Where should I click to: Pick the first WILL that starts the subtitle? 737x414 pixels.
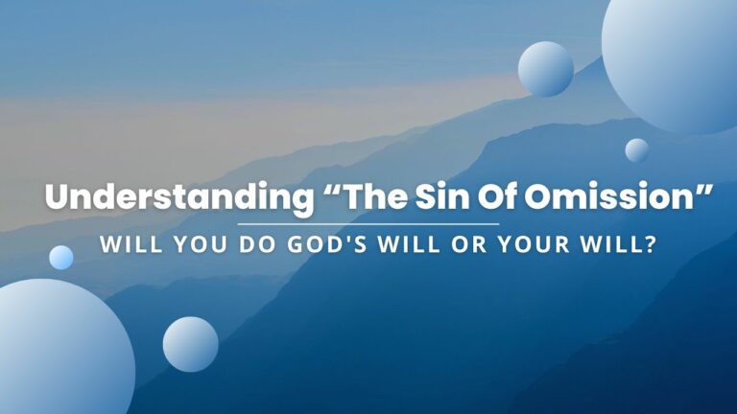tap(131, 245)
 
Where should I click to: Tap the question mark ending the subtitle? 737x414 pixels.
tap(651, 245)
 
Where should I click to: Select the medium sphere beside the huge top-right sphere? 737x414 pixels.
tap(546, 69)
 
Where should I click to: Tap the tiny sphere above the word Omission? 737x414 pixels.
tap(636, 150)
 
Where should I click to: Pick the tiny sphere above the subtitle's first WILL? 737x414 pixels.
tap(61, 257)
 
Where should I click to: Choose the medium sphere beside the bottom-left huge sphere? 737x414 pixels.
tap(190, 344)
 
